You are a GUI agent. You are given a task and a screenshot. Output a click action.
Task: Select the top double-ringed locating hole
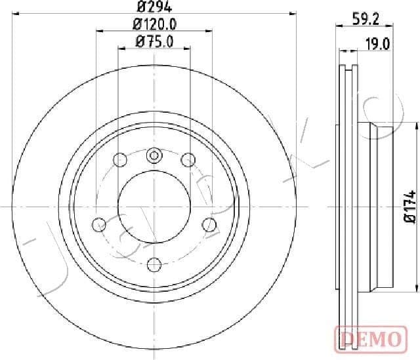point(154,155)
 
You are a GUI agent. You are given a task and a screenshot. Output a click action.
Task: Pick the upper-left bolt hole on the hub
point(119,159)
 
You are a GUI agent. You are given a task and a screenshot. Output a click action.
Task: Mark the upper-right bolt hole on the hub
point(188,159)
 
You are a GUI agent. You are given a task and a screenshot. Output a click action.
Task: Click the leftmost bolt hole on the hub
point(98,224)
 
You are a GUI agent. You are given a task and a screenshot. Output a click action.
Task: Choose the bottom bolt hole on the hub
point(154,264)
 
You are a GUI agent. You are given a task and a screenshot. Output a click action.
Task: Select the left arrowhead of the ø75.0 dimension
point(120,49)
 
